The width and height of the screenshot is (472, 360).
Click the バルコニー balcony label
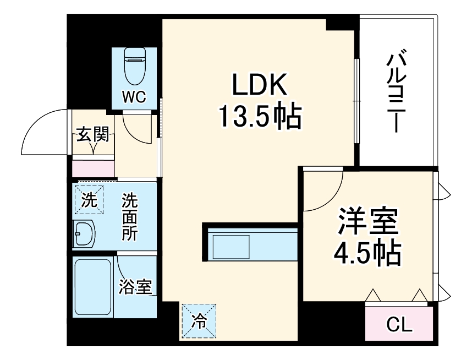click(x=397, y=91)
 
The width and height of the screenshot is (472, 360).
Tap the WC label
click(x=134, y=97)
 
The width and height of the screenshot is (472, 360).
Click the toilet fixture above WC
click(x=134, y=65)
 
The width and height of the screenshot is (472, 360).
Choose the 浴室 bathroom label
click(x=135, y=286)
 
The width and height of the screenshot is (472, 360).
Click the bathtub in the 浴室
click(x=94, y=287)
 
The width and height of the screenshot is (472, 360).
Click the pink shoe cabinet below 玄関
click(x=93, y=168)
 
